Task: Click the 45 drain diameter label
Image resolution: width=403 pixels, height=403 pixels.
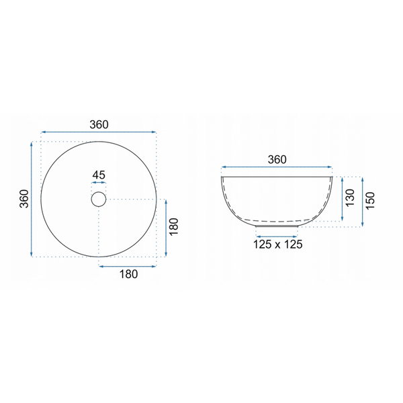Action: click(x=99, y=175)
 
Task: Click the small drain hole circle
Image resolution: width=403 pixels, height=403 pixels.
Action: click(x=99, y=199)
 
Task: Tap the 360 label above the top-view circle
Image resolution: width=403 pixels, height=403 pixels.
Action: click(x=99, y=125)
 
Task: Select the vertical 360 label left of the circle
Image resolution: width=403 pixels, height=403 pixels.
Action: click(x=24, y=199)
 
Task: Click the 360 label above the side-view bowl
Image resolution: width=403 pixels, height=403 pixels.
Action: click(x=277, y=160)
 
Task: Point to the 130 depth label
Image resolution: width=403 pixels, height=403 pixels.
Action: click(x=350, y=197)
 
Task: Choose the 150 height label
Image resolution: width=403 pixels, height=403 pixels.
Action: click(x=370, y=201)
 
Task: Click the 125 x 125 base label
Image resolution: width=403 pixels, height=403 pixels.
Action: click(x=278, y=244)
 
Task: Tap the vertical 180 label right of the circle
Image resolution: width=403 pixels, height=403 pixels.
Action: click(x=174, y=226)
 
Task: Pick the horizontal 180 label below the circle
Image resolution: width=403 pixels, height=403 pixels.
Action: click(x=128, y=274)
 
